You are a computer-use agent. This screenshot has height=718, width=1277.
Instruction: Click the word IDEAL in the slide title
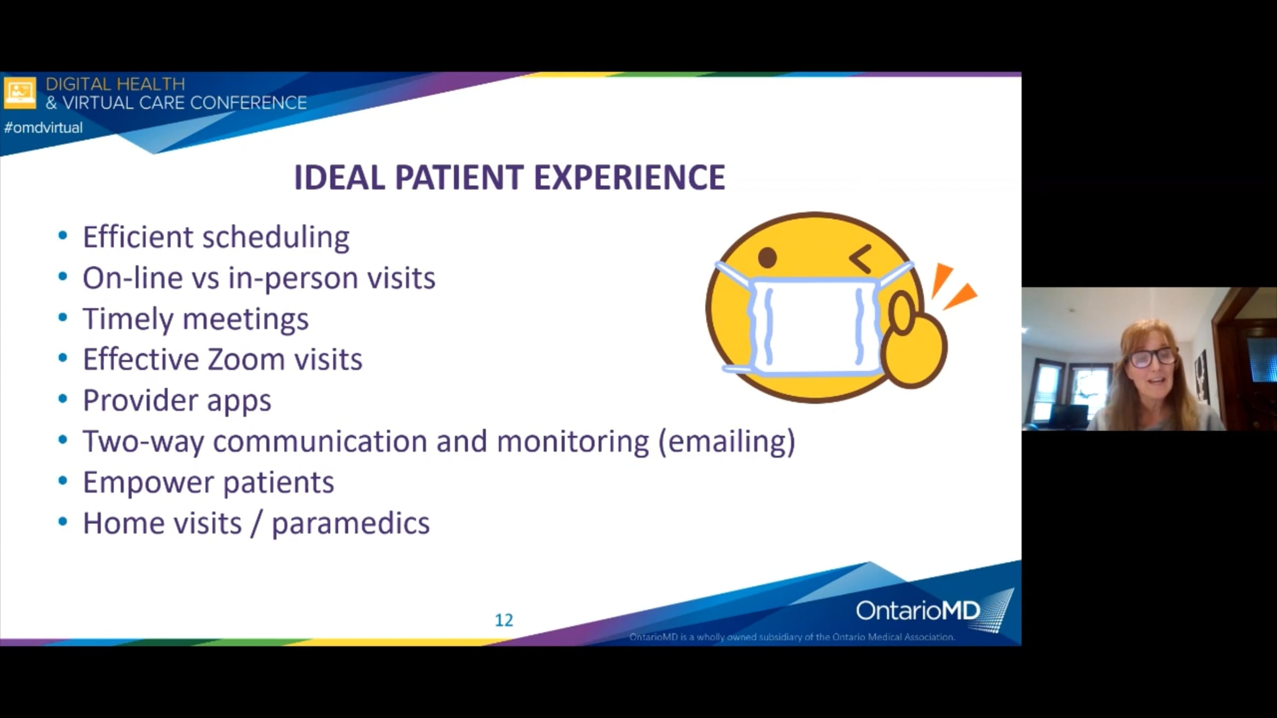[x=339, y=177]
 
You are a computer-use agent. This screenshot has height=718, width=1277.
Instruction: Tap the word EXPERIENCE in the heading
[x=629, y=177]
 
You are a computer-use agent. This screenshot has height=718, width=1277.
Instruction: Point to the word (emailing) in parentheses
[x=727, y=442]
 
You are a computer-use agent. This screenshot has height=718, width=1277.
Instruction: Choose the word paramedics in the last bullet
[x=351, y=524]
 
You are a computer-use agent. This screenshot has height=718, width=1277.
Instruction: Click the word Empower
[x=148, y=483]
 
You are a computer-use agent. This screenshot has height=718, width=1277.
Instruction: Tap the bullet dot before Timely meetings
[x=63, y=318]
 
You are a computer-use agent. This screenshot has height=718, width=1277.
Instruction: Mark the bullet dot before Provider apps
[x=63, y=400]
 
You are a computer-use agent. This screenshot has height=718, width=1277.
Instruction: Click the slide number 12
[x=504, y=620]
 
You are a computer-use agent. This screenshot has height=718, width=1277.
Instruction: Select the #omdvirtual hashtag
[x=43, y=128]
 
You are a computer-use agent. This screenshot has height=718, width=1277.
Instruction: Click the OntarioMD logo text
[x=918, y=611]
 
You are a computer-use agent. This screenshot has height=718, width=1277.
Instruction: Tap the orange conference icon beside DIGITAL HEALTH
[x=20, y=93]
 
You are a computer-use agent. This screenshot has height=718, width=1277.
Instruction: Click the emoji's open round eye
[x=767, y=258]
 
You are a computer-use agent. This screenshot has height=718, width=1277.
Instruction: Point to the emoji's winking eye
[x=860, y=258]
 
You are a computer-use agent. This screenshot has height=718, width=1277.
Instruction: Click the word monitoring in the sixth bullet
[x=573, y=442]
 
